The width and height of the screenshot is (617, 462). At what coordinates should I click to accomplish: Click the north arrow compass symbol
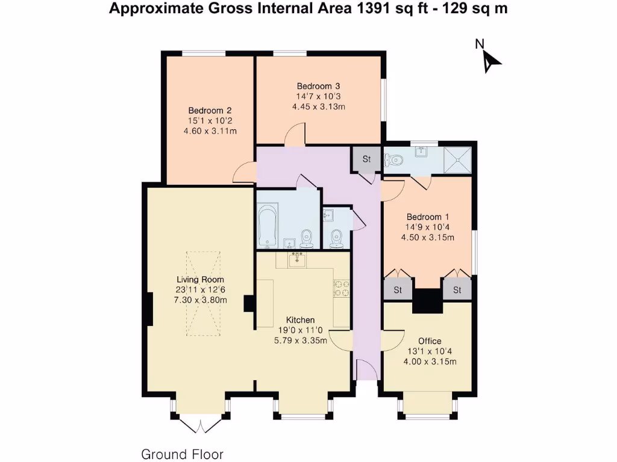point(490,58)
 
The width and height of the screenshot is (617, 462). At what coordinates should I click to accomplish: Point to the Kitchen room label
point(300,320)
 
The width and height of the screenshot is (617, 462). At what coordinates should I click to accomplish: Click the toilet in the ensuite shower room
point(395,160)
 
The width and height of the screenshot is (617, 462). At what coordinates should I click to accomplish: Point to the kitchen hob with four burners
point(342,288)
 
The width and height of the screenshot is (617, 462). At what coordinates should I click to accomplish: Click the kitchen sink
point(296,260)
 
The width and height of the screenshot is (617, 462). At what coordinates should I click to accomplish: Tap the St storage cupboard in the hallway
point(366,160)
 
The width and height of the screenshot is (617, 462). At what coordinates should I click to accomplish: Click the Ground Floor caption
point(182,454)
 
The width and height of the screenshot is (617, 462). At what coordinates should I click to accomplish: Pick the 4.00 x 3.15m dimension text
point(430,362)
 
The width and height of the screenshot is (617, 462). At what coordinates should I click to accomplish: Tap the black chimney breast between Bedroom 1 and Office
point(428,301)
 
